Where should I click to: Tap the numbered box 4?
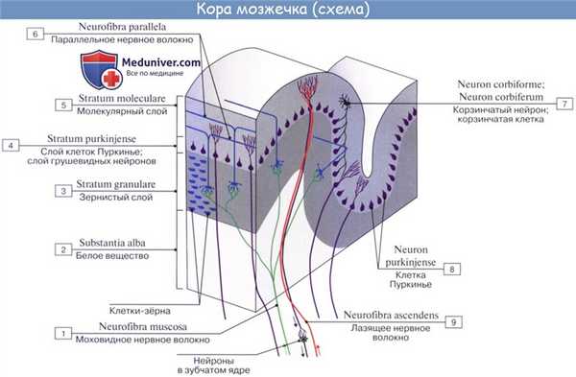click(11, 146)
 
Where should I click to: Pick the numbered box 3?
click(62, 192)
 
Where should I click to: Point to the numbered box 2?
click(62, 250)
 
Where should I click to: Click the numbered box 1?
click(62, 333)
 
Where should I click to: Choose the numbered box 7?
click(565, 104)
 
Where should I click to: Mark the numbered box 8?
click(452, 270)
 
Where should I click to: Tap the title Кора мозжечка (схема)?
click(288, 11)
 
